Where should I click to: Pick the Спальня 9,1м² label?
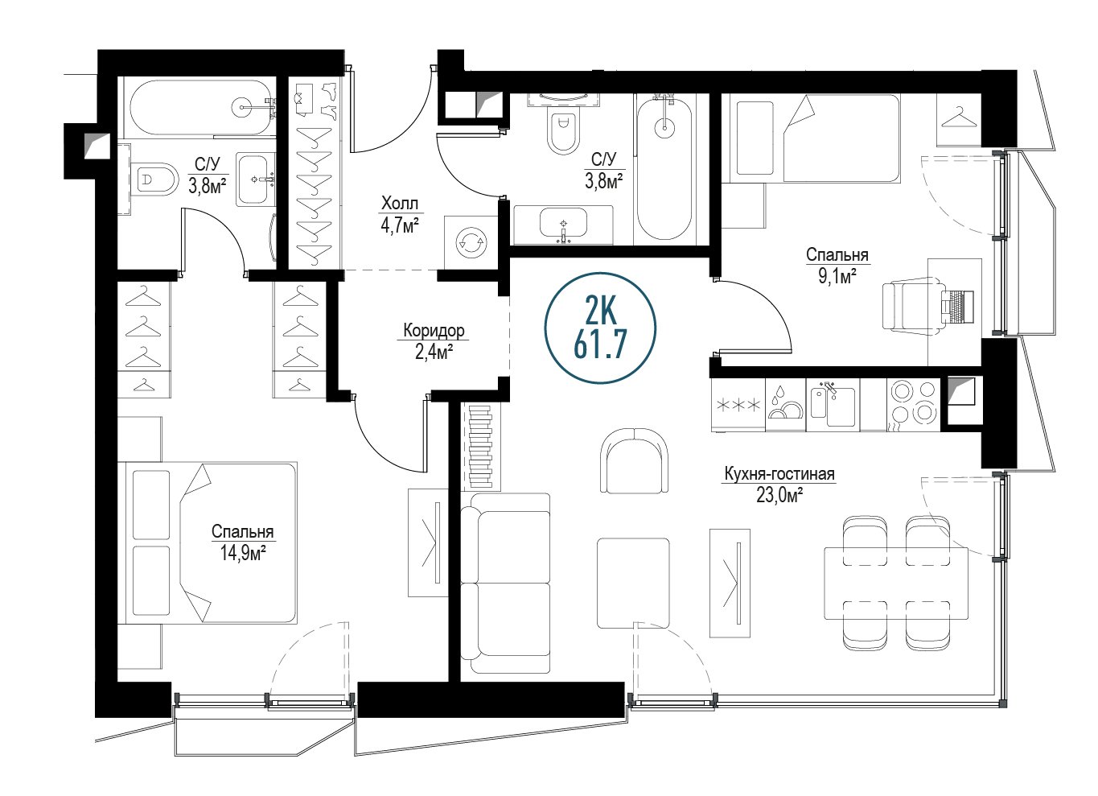(837, 266)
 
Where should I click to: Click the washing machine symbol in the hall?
(471, 242)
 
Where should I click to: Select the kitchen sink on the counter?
(833, 405)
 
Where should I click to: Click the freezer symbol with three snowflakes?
(738, 405)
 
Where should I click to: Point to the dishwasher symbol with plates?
(785, 405)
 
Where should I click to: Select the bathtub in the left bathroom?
(200, 109)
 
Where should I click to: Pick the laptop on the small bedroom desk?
(956, 306)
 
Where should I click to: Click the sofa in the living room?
(505, 584)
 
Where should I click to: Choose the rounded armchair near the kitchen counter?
(635, 460)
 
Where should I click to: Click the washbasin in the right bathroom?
(563, 225)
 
